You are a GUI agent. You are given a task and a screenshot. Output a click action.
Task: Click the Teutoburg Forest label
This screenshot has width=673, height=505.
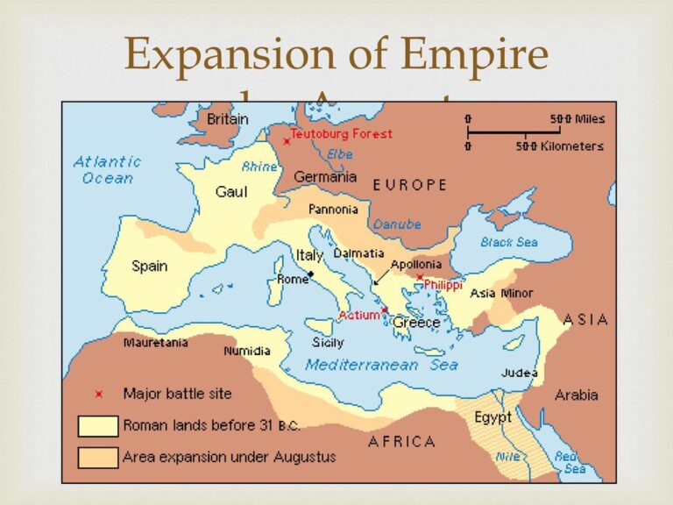[341, 134]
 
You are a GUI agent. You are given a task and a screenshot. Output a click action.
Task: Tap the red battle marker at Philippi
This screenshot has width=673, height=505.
[420, 277]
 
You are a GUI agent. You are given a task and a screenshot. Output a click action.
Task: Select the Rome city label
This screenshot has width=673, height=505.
[293, 279]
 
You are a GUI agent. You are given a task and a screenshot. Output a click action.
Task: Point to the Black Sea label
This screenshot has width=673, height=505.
[508, 241]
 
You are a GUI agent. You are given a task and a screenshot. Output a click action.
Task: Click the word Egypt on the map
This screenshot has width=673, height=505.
[492, 417]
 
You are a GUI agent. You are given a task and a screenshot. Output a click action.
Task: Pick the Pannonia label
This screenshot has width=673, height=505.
[332, 210]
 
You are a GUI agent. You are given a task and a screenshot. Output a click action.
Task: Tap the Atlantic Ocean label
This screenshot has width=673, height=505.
[107, 169]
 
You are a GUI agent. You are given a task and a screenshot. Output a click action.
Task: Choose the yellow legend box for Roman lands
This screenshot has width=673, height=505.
[97, 426]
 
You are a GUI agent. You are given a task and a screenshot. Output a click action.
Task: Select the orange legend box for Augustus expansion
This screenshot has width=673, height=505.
[97, 457]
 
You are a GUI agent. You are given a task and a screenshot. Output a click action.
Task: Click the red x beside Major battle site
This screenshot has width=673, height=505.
[98, 394]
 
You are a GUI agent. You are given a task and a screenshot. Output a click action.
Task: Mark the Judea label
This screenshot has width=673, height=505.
[520, 373]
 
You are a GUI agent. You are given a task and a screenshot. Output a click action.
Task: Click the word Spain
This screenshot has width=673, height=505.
[150, 266]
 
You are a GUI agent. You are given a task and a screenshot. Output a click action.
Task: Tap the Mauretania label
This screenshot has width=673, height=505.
[155, 343]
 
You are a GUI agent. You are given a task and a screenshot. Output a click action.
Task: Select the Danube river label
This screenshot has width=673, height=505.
[397, 224]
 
